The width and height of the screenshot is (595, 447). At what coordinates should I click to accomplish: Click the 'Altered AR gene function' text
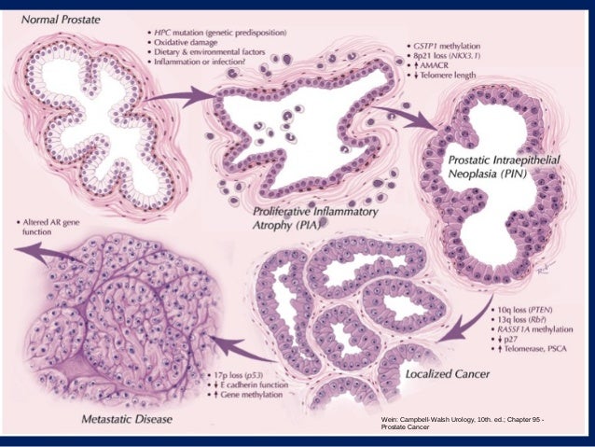point(60,230)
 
